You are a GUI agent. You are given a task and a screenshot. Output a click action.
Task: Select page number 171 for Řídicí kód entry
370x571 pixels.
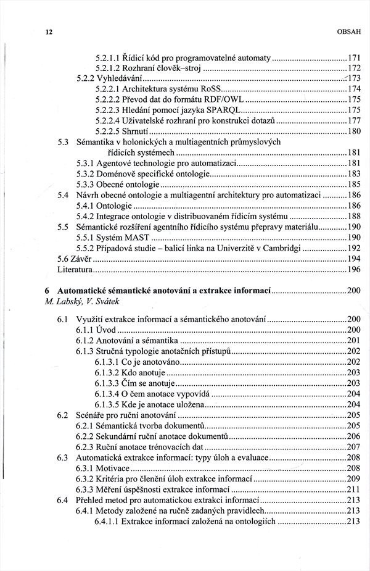[353, 57]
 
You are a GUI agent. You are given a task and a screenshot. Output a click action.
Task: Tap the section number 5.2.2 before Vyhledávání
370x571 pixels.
[87, 78]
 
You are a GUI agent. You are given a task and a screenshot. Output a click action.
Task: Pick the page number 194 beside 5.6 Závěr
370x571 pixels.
[353, 259]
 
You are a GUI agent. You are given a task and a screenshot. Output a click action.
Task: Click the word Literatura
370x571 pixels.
[75, 270]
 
